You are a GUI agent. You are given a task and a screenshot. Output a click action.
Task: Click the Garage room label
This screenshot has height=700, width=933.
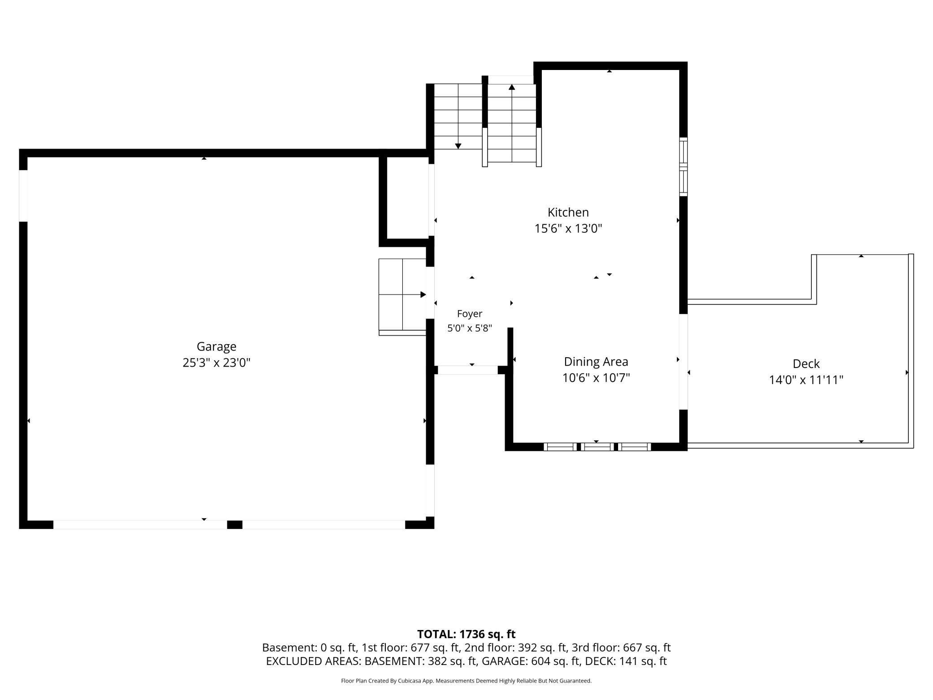coord(216,347)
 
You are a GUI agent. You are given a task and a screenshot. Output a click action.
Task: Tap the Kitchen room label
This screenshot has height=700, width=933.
coord(568,212)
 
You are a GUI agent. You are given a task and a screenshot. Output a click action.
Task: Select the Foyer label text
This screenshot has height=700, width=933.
coord(470,314)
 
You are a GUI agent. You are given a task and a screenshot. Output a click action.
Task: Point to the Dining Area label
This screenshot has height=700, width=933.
coord(596,362)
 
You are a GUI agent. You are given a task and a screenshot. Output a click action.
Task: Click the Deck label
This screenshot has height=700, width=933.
coord(806,363)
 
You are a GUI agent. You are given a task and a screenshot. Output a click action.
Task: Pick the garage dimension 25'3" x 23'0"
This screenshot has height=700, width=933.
coord(216,363)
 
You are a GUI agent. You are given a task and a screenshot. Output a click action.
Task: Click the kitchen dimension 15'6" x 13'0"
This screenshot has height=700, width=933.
coord(568,229)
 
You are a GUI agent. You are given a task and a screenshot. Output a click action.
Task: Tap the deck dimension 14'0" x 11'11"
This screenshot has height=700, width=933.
coord(806,380)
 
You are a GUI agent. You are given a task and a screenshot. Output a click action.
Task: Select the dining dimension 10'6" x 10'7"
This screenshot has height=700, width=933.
coord(596,378)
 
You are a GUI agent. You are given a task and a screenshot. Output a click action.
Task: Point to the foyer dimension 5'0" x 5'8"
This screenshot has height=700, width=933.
coord(470,328)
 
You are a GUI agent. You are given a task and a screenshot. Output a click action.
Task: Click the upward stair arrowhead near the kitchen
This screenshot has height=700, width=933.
coord(512,87)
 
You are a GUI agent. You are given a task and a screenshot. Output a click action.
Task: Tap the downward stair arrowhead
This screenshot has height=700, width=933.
coord(458,146)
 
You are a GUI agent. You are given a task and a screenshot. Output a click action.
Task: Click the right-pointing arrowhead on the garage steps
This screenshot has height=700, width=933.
coord(423,295)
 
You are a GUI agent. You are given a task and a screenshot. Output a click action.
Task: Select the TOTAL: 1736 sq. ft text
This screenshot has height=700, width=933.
coord(466,634)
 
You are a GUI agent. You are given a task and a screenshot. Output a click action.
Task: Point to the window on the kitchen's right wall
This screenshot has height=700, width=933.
coord(683,166)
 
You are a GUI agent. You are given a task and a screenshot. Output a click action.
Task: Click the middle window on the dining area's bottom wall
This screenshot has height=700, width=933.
coord(597,447)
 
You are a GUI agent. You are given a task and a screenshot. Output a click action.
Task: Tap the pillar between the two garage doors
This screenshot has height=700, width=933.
coord(235,525)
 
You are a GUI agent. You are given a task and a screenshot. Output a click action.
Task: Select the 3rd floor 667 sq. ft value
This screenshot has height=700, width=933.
coord(647,647)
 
